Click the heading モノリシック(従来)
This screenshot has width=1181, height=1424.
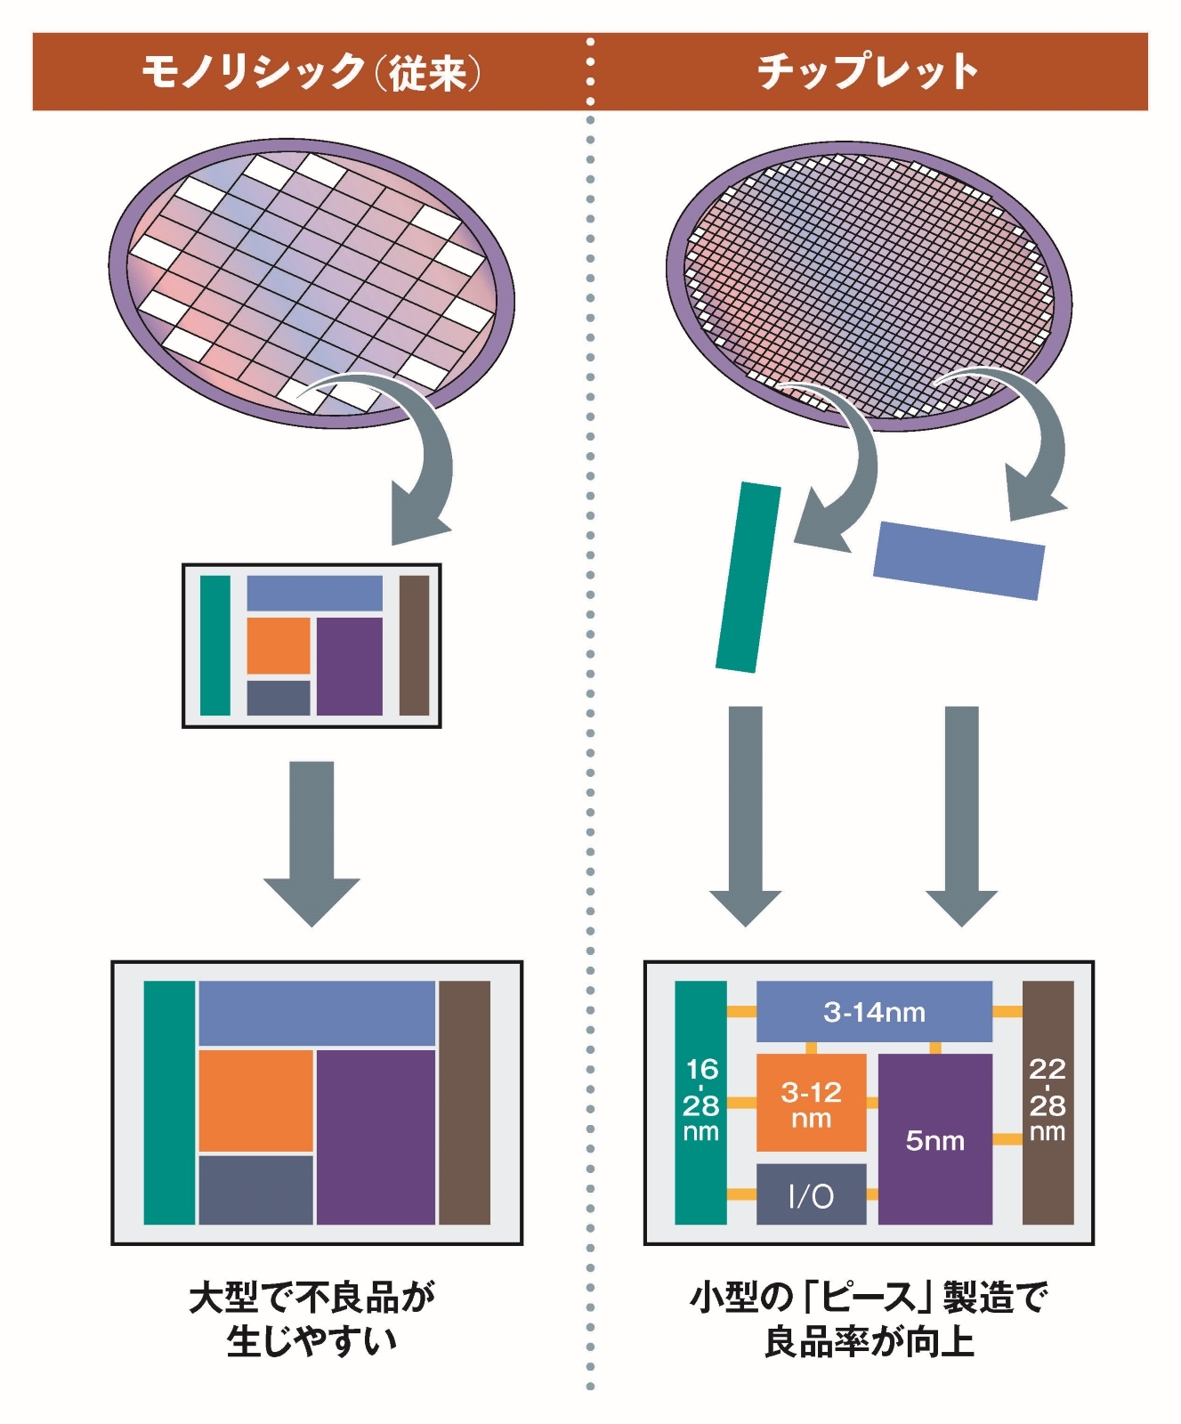pyautogui.click(x=311, y=71)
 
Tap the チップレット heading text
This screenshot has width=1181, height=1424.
pyautogui.click(x=868, y=71)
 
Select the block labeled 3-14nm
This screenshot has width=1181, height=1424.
pyautogui.click(x=874, y=1011)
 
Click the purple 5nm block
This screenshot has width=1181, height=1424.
pyautogui.click(x=934, y=1139)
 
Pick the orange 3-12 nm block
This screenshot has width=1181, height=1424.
pyautogui.click(x=811, y=1103)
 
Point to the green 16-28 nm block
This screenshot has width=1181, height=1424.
pyautogui.click(x=700, y=1103)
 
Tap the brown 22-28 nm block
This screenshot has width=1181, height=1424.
pyautogui.click(x=1048, y=1103)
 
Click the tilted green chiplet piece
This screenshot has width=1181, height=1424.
pyautogui.click(x=748, y=578)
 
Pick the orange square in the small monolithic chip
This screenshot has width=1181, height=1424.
pyautogui.click(x=279, y=645)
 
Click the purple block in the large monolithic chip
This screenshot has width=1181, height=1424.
pyautogui.click(x=376, y=1137)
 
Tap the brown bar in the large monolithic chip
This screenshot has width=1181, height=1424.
pyautogui.click(x=465, y=1103)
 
